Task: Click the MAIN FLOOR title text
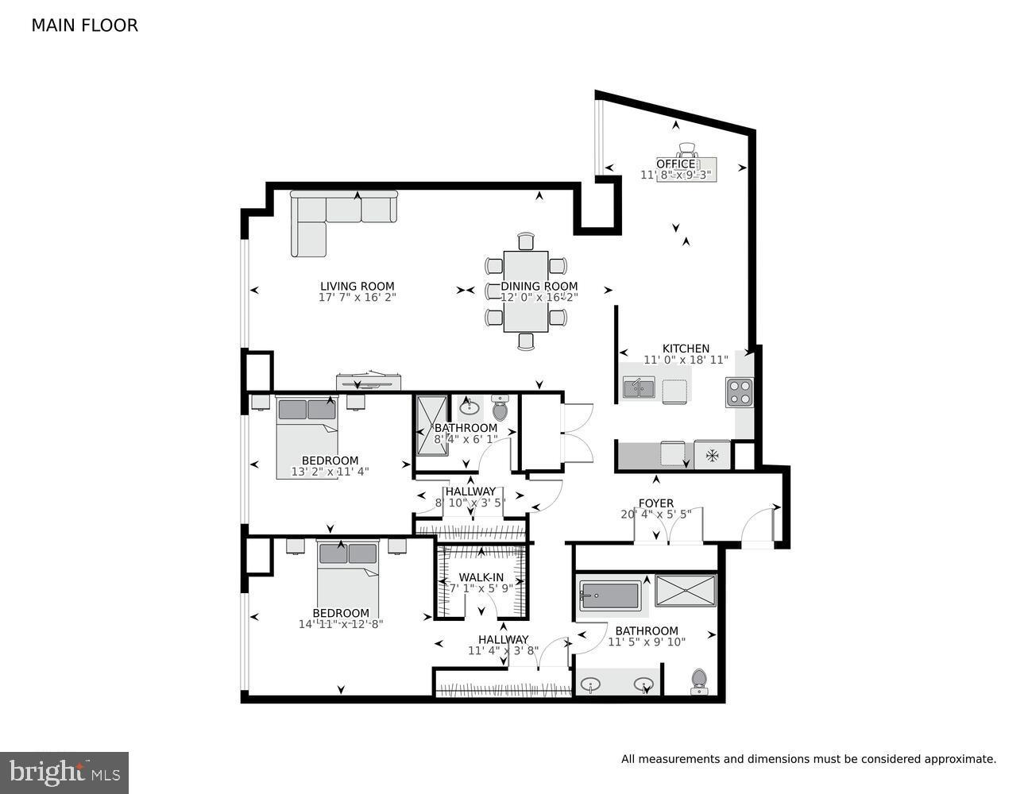coord(84,25)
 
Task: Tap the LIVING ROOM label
coord(357,287)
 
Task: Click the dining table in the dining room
coord(525,291)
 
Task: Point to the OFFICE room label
coord(675,164)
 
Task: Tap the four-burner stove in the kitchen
coord(739,392)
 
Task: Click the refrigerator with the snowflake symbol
coord(713,455)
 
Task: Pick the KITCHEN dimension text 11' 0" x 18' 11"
coord(686,360)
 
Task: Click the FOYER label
coord(655,503)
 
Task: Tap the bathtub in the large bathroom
coord(609,595)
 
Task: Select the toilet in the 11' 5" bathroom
coord(699,680)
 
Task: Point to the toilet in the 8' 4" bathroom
coord(500,410)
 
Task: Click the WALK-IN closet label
coord(479,577)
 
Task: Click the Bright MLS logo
coord(64,772)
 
